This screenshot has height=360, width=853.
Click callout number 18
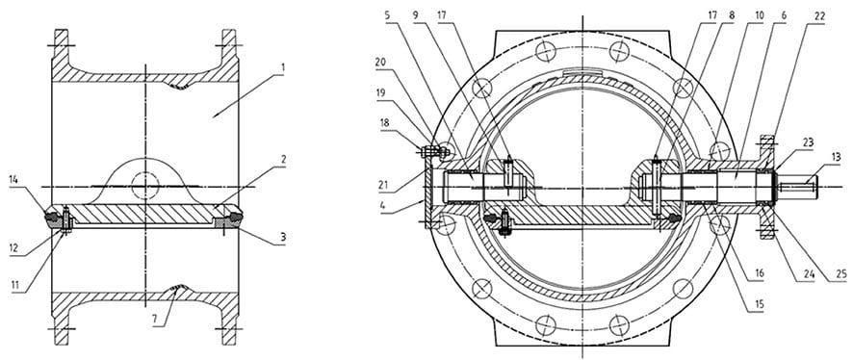[386, 123]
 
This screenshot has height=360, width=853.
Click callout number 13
[836, 155]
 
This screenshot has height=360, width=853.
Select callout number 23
[807, 142]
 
